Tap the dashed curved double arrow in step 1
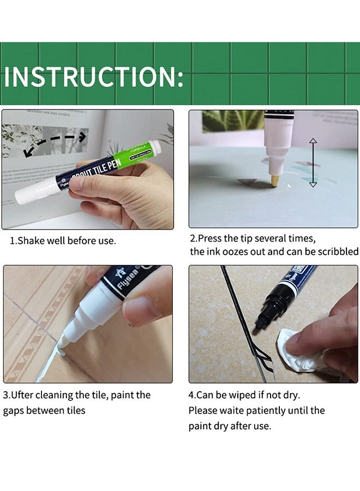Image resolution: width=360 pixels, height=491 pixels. point(54,141)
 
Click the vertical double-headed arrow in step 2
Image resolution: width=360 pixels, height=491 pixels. point(313,163)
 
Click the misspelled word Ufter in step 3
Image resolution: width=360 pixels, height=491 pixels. point(23,395)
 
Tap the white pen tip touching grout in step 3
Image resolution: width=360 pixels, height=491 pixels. point(61,343)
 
